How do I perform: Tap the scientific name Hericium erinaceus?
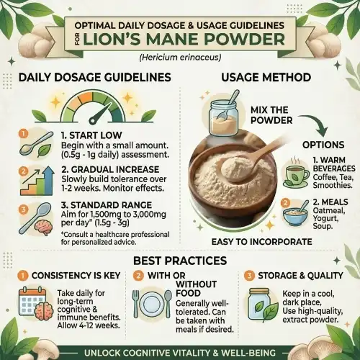pos(180,58)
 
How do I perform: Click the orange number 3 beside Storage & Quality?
pos(248,275)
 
